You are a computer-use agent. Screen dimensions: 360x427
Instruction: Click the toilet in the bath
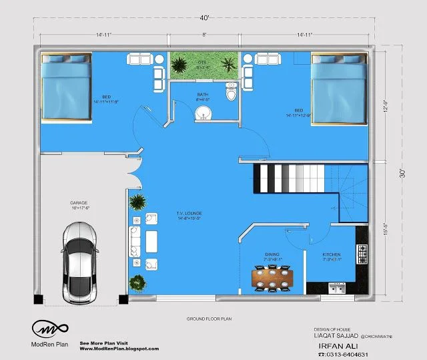click(231, 93)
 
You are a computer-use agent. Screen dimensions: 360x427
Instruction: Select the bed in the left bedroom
click(66, 88)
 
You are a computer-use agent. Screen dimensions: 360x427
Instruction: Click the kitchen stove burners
click(363, 252)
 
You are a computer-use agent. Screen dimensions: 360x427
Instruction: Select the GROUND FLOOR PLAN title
click(209, 320)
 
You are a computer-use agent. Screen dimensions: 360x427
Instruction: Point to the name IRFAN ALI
click(333, 347)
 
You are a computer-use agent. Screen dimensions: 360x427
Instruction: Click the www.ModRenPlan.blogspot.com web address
click(119, 349)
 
